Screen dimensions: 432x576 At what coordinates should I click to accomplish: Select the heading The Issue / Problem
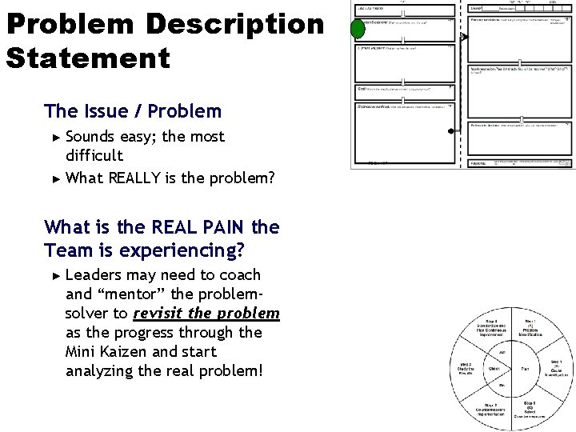(133, 110)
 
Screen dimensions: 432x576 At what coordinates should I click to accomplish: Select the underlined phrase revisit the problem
(206, 314)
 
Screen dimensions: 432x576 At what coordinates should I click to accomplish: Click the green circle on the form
(358, 31)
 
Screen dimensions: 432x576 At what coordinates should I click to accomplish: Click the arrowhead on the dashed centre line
(462, 36)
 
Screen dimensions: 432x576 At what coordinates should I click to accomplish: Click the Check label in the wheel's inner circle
(496, 369)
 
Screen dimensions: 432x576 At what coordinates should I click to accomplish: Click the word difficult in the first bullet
(94, 155)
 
